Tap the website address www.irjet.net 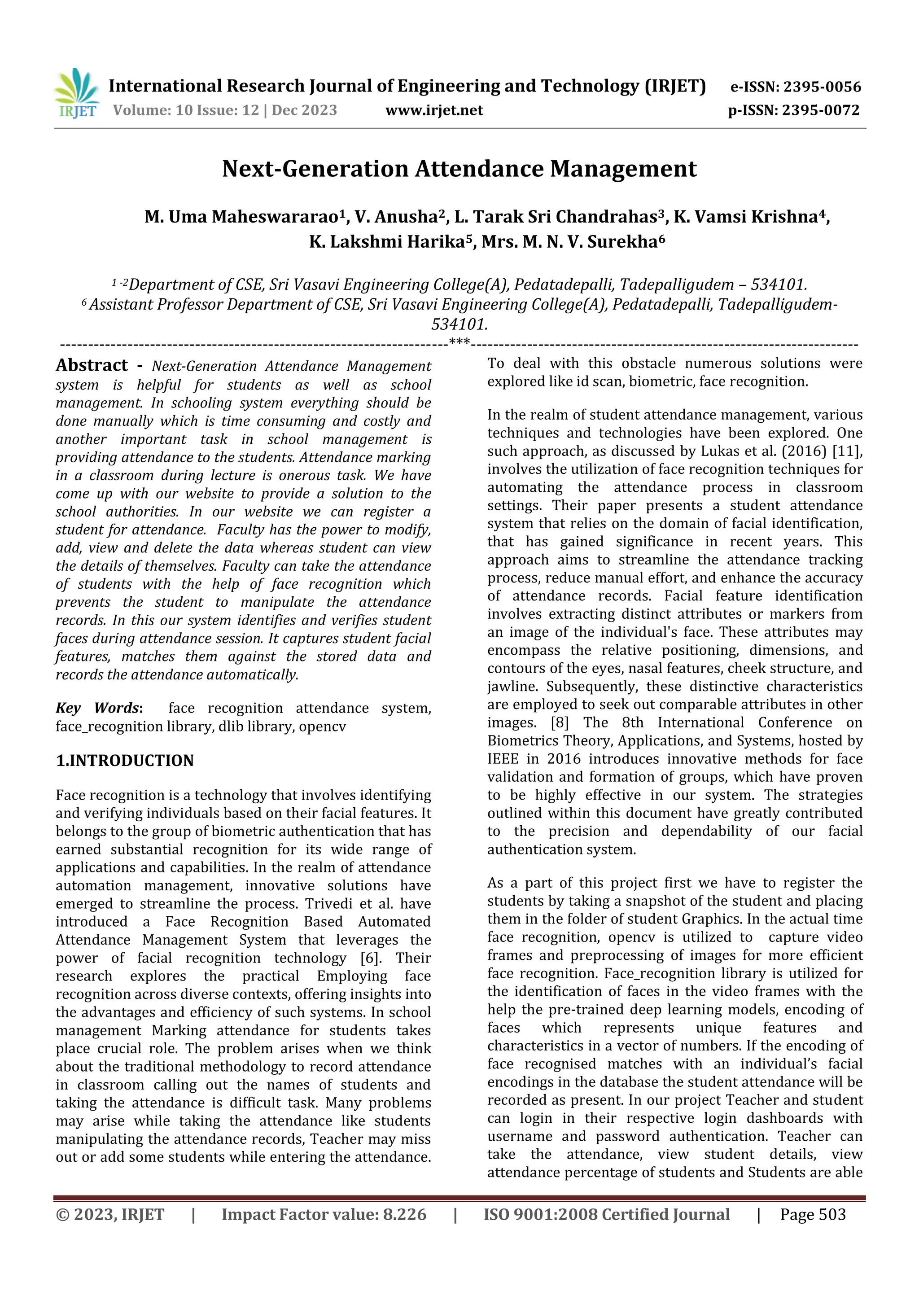[434, 110]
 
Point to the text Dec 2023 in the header [304, 110]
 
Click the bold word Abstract [92, 365]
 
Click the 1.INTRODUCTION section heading [125, 761]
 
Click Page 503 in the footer [813, 1214]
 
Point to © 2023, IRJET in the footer [110, 1214]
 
